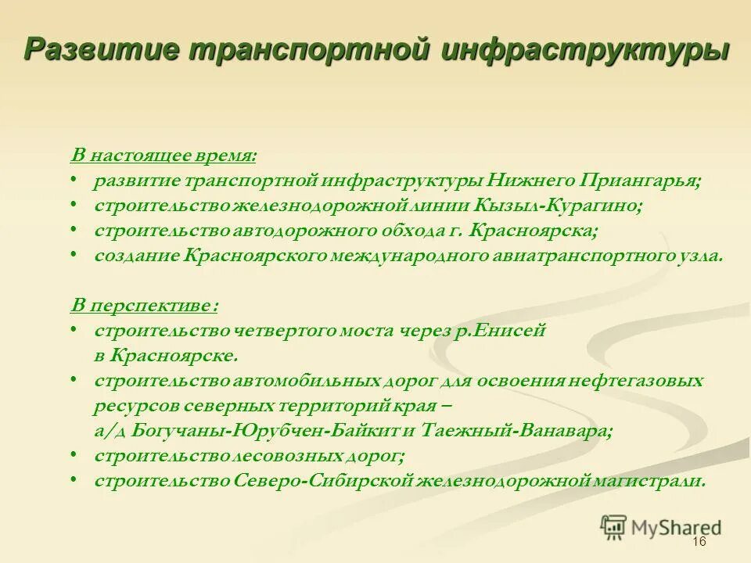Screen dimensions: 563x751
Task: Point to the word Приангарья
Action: pyautogui.click(x=640, y=181)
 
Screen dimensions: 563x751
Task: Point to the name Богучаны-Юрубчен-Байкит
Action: pyautogui.click(x=257, y=430)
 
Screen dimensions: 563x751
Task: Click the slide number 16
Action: pyautogui.click(x=699, y=543)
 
